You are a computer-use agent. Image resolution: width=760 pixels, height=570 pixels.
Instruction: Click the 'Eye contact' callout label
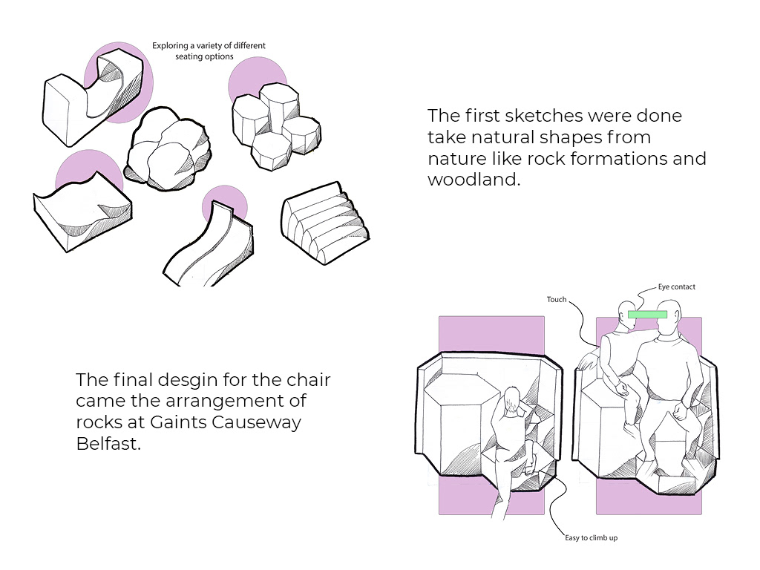pyautogui.click(x=676, y=286)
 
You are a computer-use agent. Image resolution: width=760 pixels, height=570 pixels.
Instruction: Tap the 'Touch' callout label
pyautogui.click(x=557, y=300)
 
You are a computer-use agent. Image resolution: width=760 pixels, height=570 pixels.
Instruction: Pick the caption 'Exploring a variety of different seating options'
pyautogui.click(x=209, y=50)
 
